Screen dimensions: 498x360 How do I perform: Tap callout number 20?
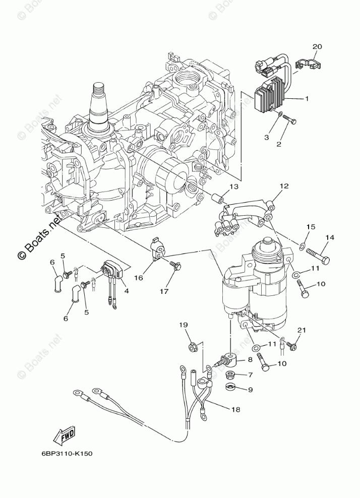tap(316, 47)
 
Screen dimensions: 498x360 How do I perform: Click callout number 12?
tap(284, 186)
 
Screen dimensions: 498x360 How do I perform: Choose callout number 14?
tap(329, 237)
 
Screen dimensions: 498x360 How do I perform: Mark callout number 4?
tap(127, 291)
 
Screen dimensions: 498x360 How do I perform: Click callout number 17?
tap(164, 291)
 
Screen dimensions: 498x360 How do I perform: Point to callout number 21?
tap(302, 330)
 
